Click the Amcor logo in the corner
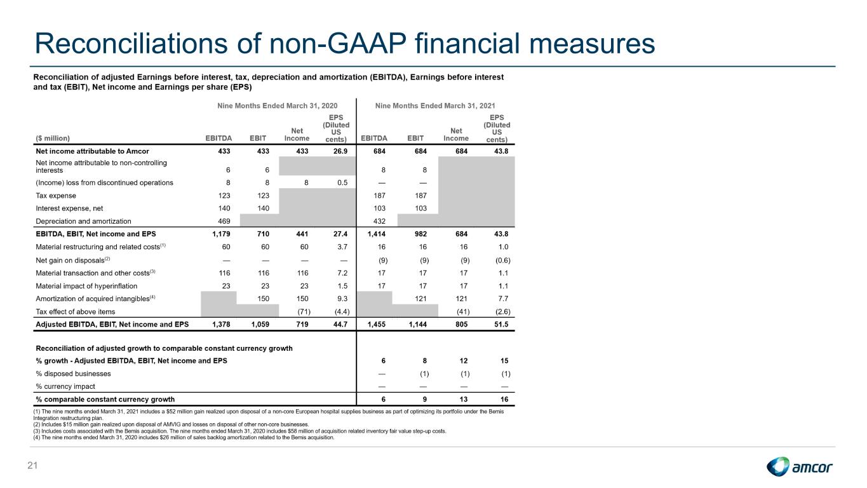tap(800, 466)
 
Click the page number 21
tap(32, 465)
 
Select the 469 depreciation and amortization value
tap(224, 221)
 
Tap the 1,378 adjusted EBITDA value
tap(221, 324)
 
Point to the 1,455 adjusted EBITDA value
tap(376, 324)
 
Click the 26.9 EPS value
tap(340, 151)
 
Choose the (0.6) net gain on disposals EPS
tap(503, 261)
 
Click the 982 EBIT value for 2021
tap(420, 234)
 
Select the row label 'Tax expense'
tap(56, 196)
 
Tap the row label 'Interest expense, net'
tap(69, 208)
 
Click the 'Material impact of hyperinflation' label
tap(86, 286)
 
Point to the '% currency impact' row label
tap(65, 386)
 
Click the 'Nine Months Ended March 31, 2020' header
tap(277, 105)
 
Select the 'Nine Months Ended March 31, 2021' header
tap(435, 105)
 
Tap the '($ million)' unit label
tap(53, 139)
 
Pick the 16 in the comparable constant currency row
tap(504, 399)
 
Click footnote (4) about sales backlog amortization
tap(184, 438)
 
